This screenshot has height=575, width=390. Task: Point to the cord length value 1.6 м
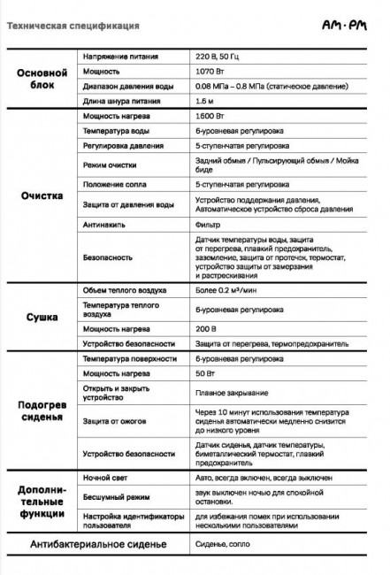[x=205, y=102]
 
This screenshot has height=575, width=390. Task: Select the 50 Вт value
[x=205, y=373]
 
